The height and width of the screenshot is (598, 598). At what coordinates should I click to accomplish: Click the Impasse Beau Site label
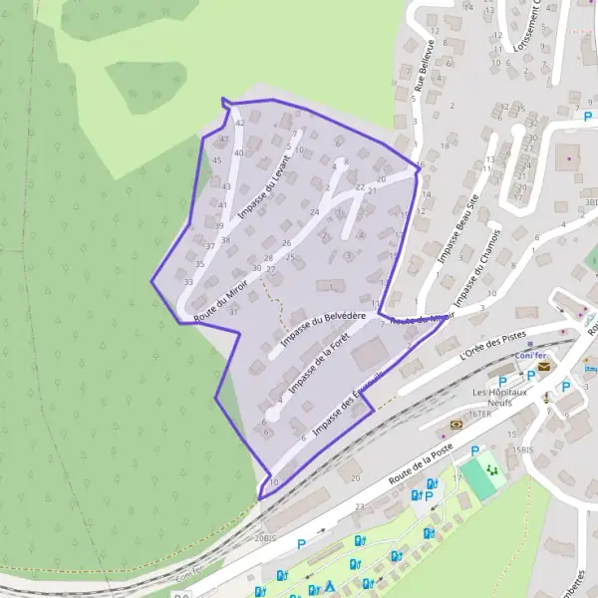[457, 229]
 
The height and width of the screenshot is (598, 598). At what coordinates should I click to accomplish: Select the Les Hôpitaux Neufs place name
[500, 396]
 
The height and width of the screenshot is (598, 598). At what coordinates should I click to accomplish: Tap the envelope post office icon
[544, 367]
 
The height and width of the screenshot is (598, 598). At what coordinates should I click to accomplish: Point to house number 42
[239, 123]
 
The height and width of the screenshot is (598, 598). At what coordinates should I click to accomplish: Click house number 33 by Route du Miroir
[188, 282]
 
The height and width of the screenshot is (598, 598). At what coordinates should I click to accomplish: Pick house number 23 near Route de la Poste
[360, 507]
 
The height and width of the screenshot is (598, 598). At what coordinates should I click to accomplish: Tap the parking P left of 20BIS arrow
[301, 543]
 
